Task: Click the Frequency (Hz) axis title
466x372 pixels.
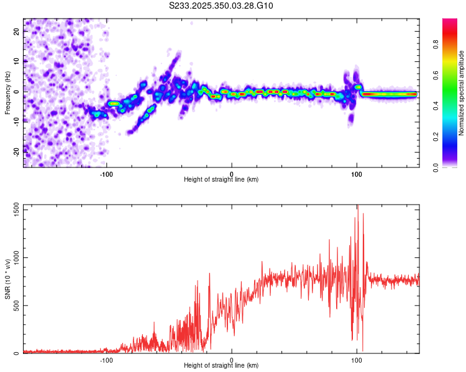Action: [x=7, y=92]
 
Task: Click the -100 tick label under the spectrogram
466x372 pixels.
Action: [x=107, y=174]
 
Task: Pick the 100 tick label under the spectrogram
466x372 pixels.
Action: [x=357, y=174]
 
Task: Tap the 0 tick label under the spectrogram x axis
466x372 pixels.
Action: [x=232, y=174]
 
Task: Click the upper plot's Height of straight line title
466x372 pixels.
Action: [x=221, y=180]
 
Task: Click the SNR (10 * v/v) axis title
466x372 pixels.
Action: [x=7, y=279]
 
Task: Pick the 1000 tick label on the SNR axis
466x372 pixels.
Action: [x=12, y=258]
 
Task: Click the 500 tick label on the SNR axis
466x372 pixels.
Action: [x=14, y=306]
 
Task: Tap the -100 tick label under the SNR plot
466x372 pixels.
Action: [x=107, y=360]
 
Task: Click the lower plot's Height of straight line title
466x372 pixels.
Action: [x=221, y=366]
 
